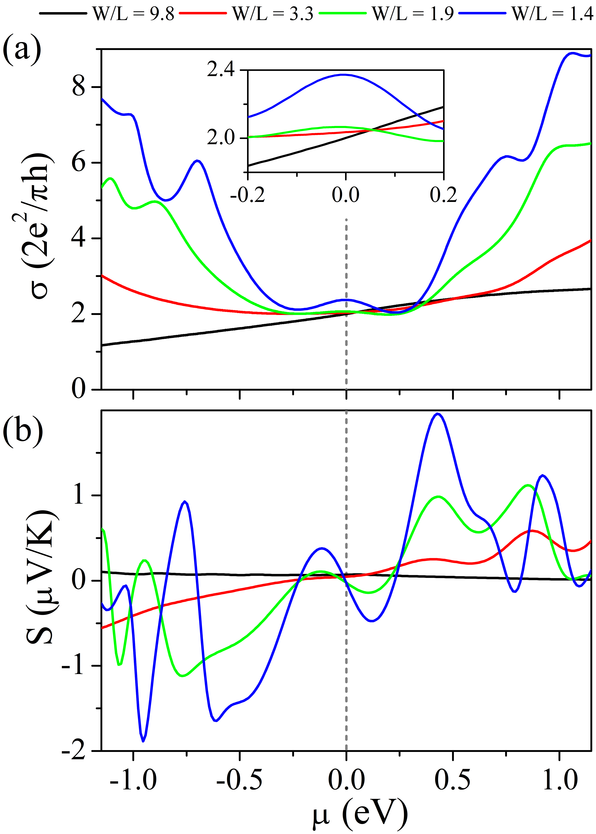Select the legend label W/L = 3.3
point(273,14)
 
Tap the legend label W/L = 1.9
point(413,14)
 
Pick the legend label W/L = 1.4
point(552,14)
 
